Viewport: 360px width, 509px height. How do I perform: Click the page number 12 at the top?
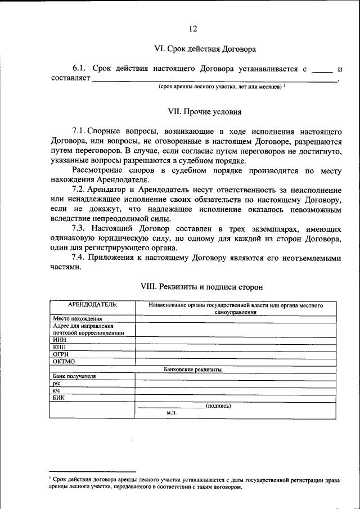193,29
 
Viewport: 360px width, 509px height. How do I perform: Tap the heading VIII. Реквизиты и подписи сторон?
201,287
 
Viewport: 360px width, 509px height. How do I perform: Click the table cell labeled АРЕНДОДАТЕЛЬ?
92,305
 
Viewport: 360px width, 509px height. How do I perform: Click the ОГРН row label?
61,354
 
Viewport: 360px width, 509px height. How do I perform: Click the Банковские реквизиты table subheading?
192,370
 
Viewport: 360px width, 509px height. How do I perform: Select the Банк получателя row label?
74,376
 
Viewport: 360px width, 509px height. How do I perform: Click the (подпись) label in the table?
218,406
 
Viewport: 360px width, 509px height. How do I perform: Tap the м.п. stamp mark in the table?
172,413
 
